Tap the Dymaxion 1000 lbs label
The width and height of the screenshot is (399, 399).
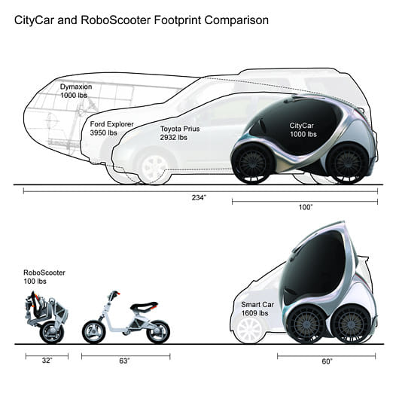pyautogui.click(x=76, y=91)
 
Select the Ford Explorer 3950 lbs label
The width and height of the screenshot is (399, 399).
pyautogui.click(x=111, y=128)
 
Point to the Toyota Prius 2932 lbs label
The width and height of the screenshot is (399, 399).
pyautogui.click(x=180, y=132)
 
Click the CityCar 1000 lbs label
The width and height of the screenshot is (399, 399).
pyautogui.click(x=303, y=129)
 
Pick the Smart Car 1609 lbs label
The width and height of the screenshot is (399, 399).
pyautogui.click(x=257, y=309)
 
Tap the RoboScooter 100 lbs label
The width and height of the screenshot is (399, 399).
pyautogui.click(x=44, y=277)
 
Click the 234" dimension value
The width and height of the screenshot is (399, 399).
pyautogui.click(x=199, y=198)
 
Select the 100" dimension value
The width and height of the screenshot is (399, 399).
pyautogui.click(x=305, y=207)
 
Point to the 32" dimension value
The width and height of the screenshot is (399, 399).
pyautogui.click(x=47, y=361)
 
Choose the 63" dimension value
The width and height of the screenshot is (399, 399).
pyautogui.click(x=124, y=361)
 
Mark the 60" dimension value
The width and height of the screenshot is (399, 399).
pyautogui.click(x=327, y=361)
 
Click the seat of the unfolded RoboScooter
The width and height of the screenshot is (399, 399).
pyautogui.click(x=144, y=306)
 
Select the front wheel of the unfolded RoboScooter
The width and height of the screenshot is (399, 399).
pyautogui.click(x=93, y=332)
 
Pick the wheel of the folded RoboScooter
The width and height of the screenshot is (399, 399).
pyautogui.click(x=52, y=333)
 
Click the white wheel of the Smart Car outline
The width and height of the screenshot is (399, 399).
pyautogui.click(x=250, y=329)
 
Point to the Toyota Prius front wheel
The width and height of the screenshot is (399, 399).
pyautogui.click(x=154, y=167)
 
